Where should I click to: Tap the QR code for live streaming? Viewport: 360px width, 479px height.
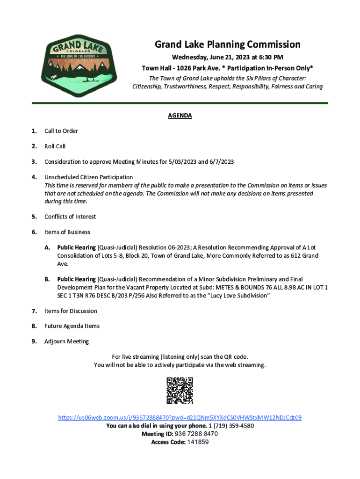tap(180, 391)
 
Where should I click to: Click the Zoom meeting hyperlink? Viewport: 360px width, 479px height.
tap(180, 417)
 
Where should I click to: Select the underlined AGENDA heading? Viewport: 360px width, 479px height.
tap(180, 116)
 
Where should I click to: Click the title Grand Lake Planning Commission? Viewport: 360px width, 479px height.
tap(227, 45)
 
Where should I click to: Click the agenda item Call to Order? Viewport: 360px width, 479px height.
tap(61, 131)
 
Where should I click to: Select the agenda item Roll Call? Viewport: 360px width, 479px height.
tap(55, 146)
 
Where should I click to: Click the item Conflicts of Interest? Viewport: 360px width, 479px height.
tap(70, 217)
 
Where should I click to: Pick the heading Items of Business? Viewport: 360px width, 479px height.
tap(67, 232)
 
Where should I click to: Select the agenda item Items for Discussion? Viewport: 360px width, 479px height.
tap(71, 311)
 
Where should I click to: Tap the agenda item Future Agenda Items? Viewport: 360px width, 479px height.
tap(72, 326)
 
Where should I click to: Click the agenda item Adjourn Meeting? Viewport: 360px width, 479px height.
tap(66, 341)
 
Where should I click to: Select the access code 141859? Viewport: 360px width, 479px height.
tap(198, 442)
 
